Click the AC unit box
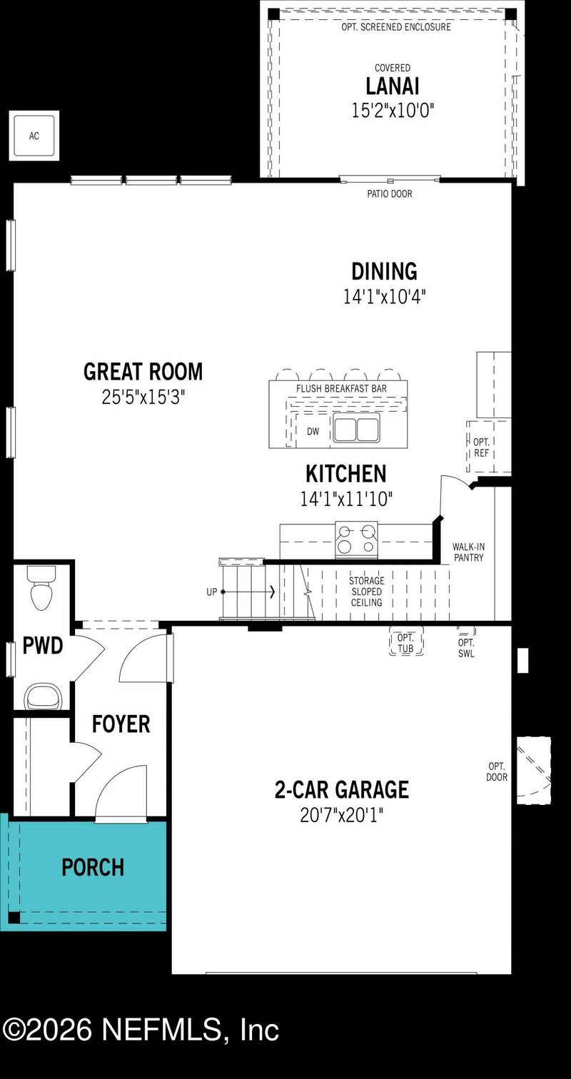(34, 136)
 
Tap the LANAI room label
(392, 86)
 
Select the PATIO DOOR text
(389, 194)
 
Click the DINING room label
(384, 271)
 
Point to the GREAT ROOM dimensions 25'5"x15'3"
(143, 397)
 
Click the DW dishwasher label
(313, 432)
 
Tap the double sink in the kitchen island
(355, 430)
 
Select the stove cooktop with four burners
(356, 539)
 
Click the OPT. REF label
(482, 448)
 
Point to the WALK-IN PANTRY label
(468, 552)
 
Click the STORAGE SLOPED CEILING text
(365, 592)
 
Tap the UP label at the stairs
(211, 592)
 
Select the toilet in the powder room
(41, 588)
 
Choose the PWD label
(43, 647)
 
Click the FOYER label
(121, 724)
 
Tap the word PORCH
(93, 868)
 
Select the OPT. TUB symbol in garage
(406, 642)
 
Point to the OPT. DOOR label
(497, 771)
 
